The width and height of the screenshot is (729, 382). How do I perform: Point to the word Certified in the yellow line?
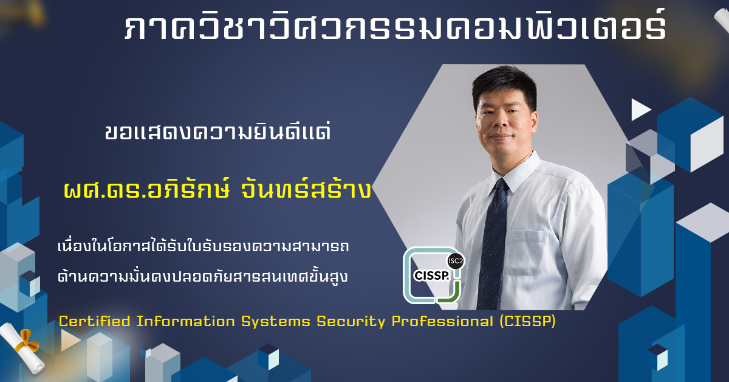(x=95, y=321)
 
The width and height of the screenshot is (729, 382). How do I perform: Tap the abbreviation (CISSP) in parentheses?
(x=527, y=321)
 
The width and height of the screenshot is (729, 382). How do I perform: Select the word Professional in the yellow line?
(x=443, y=321)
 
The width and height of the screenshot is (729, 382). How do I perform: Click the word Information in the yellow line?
(x=185, y=321)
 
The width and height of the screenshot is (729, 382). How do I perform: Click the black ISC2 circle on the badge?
(x=455, y=261)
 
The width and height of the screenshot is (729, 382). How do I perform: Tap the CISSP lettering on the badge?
(x=431, y=276)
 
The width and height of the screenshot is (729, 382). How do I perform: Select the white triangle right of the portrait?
(x=640, y=110)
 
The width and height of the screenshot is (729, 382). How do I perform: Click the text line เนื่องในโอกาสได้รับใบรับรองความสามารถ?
(x=203, y=246)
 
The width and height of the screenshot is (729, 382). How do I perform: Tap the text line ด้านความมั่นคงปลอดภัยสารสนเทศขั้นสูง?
(x=202, y=276)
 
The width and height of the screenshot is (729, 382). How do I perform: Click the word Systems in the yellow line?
(x=276, y=322)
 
